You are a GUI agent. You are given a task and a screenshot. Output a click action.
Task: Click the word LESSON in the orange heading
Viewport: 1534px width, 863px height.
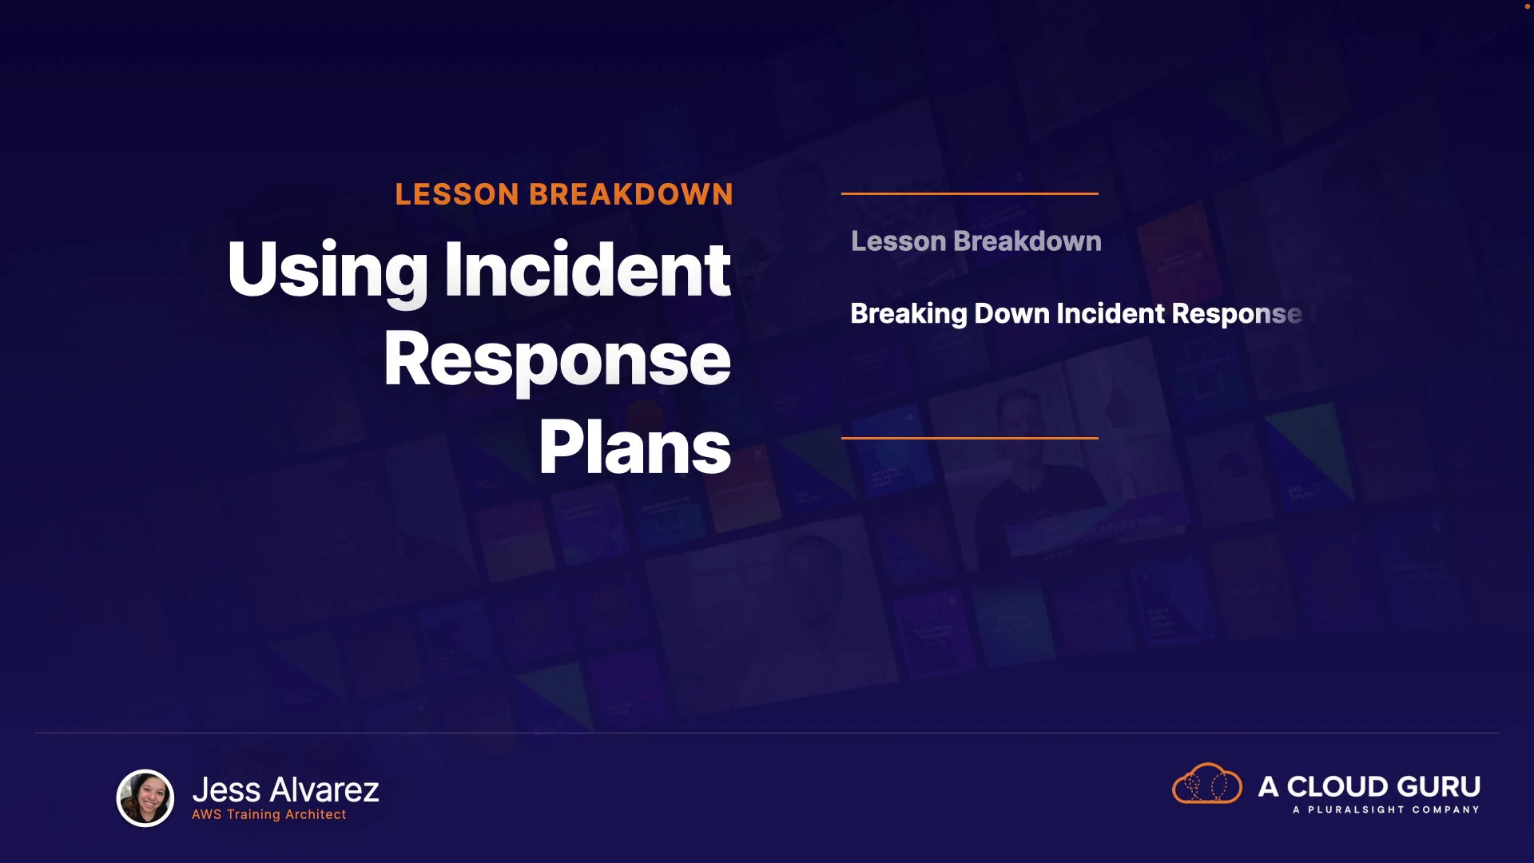click(457, 194)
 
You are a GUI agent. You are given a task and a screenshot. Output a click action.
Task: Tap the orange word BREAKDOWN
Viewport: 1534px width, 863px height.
click(631, 194)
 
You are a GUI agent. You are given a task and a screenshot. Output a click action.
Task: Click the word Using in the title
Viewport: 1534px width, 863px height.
click(328, 272)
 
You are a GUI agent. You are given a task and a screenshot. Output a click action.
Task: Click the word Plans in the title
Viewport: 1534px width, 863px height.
click(635, 447)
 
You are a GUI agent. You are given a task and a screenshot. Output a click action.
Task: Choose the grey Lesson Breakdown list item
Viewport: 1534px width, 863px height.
click(976, 241)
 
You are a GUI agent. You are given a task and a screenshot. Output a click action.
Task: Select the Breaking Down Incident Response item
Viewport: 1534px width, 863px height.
click(1076, 314)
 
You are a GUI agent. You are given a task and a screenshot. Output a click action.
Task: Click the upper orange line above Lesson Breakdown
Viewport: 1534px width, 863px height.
click(970, 193)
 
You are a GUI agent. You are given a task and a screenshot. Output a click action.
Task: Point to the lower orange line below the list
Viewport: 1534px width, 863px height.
click(970, 438)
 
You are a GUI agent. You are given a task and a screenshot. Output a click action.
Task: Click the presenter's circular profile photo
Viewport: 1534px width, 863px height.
click(145, 797)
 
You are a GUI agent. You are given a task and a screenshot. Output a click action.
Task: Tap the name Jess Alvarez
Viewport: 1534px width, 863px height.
click(286, 789)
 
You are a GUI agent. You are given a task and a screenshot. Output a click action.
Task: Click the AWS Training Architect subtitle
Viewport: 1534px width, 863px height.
click(269, 814)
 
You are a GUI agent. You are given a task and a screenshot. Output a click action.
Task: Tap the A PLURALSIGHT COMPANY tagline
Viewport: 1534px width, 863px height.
click(1386, 809)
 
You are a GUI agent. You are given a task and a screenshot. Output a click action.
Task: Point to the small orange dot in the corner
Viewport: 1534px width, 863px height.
click(1528, 6)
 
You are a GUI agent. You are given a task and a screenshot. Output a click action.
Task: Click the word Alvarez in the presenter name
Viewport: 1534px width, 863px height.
click(324, 789)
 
